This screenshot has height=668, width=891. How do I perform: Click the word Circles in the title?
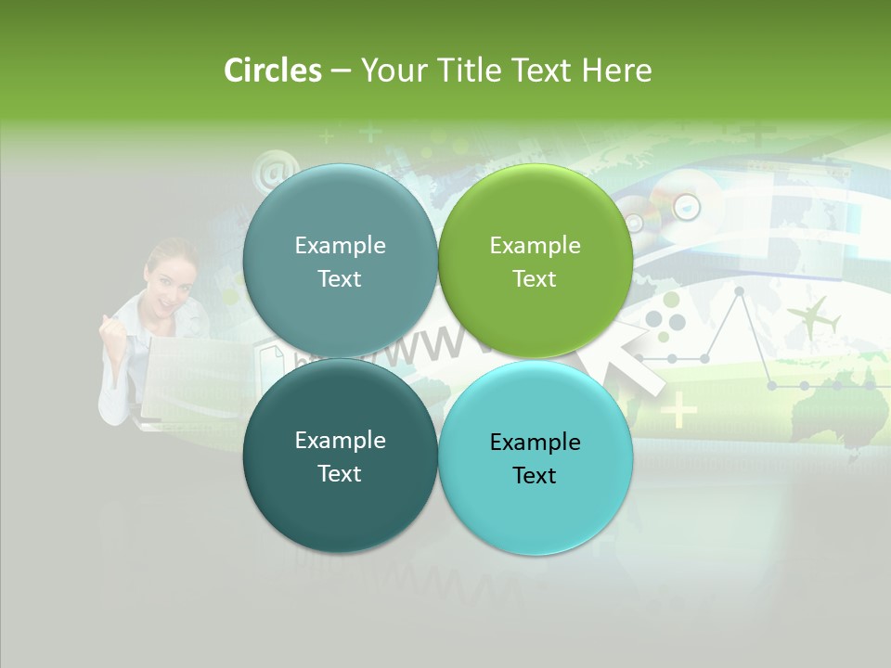tap(272, 71)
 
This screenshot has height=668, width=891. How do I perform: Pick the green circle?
tap(536, 261)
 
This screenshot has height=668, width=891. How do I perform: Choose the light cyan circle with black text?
tap(536, 457)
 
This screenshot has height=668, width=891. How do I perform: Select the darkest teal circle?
tap(340, 456)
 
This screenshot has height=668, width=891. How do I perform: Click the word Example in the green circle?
tap(535, 245)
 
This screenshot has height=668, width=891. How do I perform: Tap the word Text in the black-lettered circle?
tap(535, 475)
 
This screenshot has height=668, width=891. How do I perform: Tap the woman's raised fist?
tap(112, 329)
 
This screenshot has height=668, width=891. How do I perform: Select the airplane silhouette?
tap(813, 318)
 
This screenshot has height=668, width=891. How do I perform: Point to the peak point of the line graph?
tap(739, 291)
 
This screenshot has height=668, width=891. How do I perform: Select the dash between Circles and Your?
tap(341, 71)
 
